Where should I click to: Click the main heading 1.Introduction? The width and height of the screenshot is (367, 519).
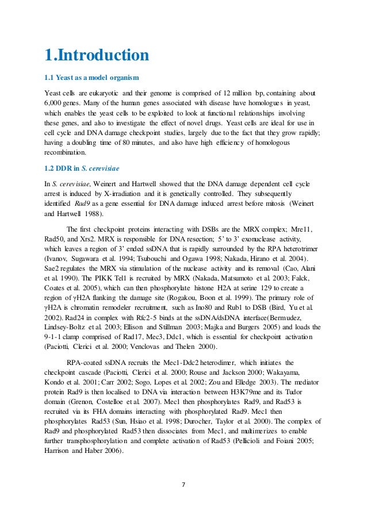tap(97, 56)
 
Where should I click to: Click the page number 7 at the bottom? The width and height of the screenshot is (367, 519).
tap(183, 484)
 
